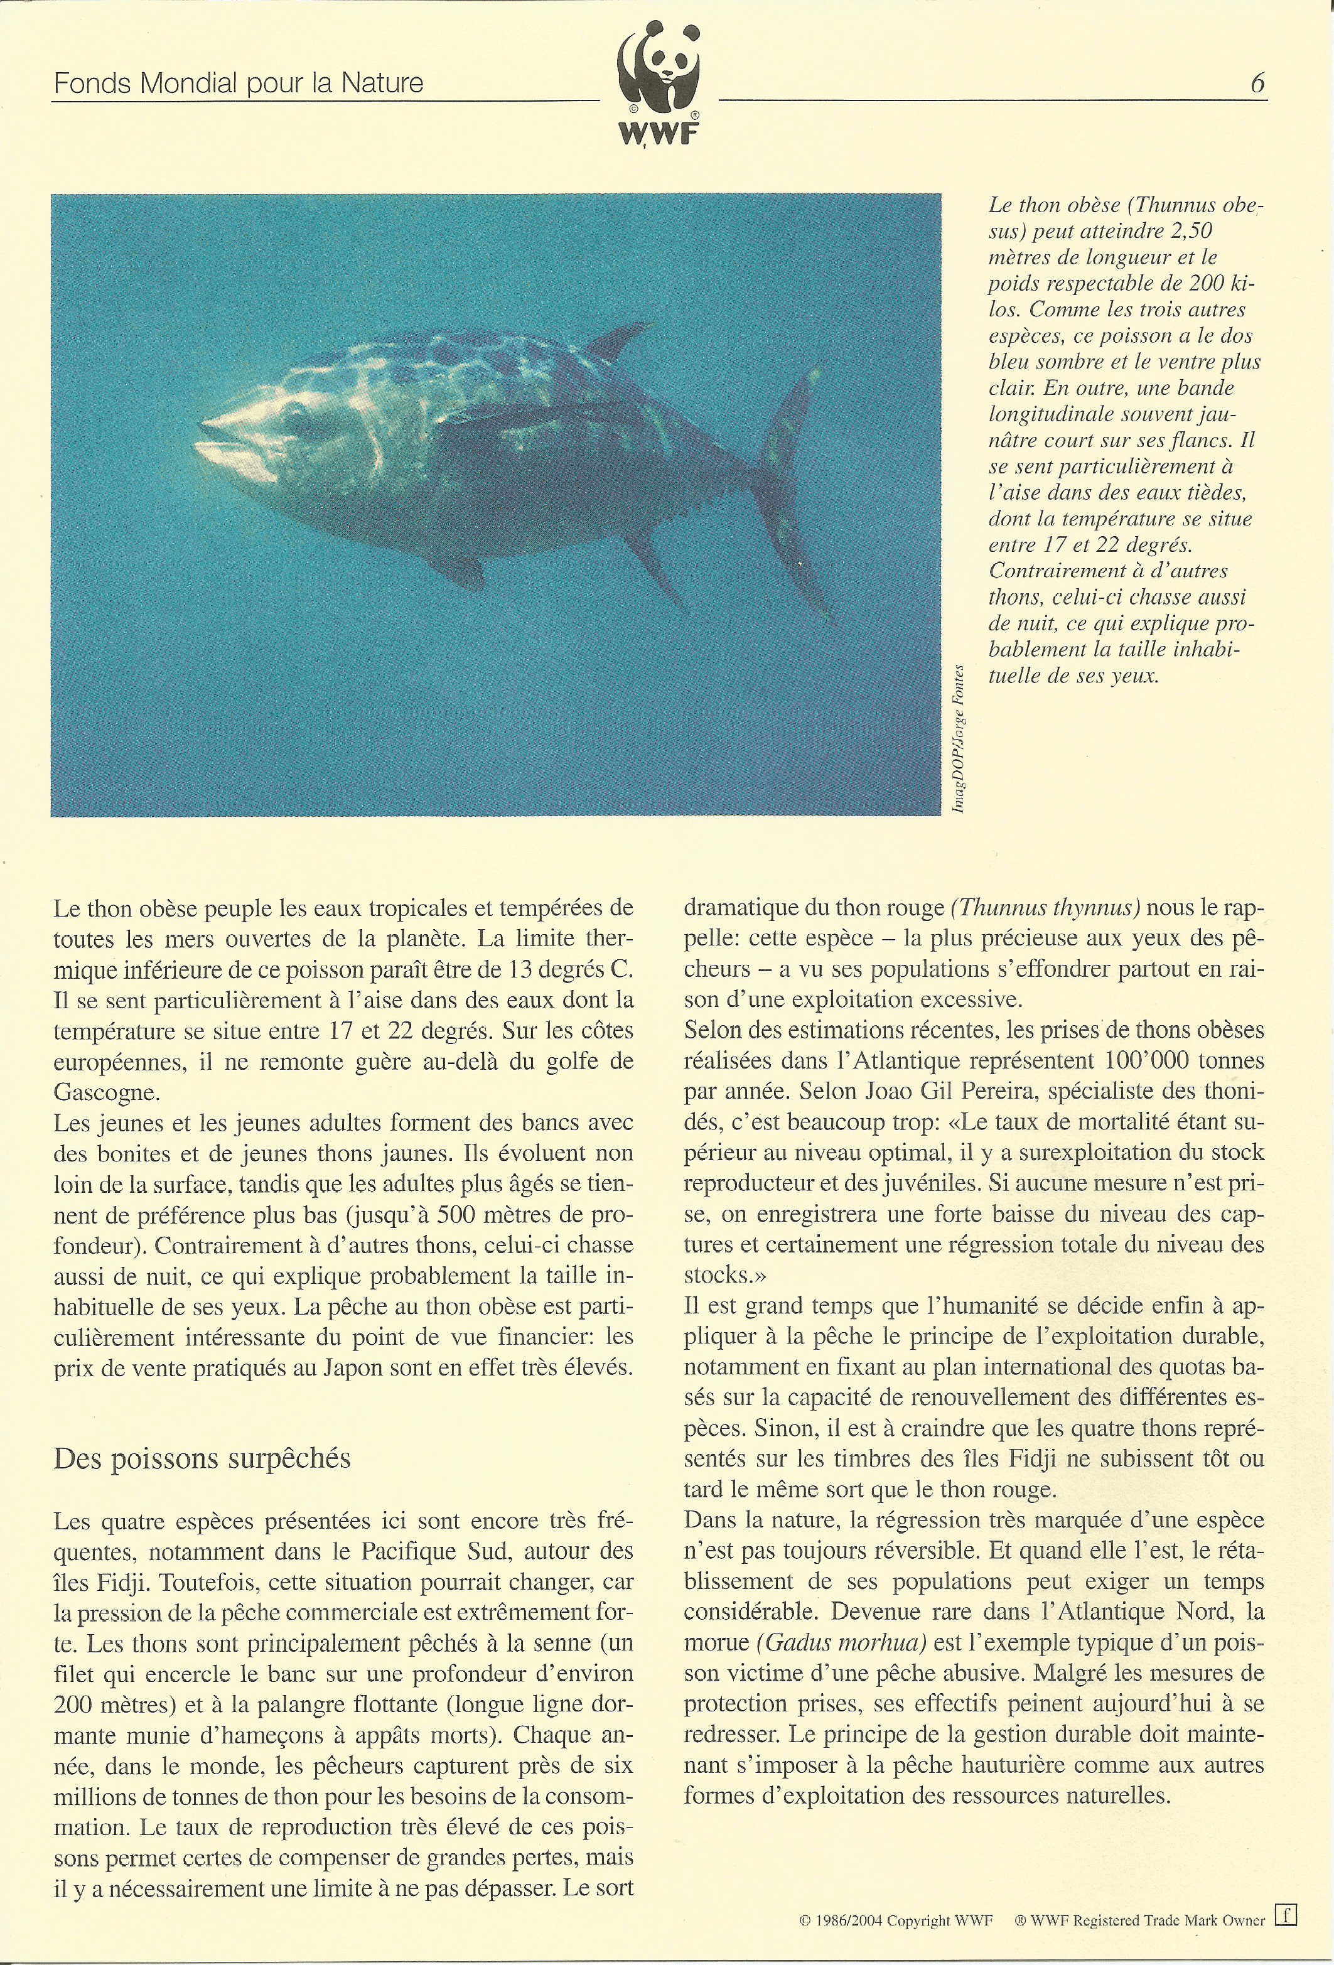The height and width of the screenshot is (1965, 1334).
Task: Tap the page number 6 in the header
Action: [x=1257, y=83]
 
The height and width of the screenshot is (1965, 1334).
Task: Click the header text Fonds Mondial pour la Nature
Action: [x=239, y=83]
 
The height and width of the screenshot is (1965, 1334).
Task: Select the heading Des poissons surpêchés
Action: [x=202, y=1458]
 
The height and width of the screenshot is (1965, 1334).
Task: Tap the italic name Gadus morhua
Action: [x=842, y=1642]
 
